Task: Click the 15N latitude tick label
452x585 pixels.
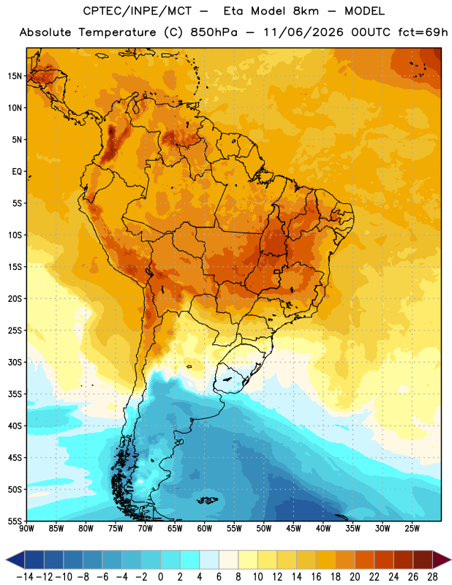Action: tap(15, 76)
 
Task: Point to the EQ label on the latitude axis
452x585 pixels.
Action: tap(17, 172)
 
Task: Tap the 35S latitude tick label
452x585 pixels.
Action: tap(15, 394)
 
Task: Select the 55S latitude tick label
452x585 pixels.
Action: tap(15, 521)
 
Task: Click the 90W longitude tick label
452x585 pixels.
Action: tap(26, 529)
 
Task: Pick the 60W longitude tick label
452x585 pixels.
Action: tap(205, 529)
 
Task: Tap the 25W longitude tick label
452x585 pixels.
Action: tap(412, 529)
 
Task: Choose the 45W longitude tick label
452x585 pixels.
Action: tap(293, 529)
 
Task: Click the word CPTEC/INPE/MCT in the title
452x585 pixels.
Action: tap(138, 11)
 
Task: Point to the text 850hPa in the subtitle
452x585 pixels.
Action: tap(214, 32)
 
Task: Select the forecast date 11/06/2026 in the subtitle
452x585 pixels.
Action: tap(304, 32)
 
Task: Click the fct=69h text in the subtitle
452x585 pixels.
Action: tap(423, 32)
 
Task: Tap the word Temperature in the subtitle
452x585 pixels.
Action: tap(117, 32)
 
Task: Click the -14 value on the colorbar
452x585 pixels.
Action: tap(25, 577)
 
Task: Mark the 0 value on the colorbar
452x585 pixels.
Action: tap(161, 577)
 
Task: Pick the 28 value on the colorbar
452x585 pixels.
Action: tap(432, 577)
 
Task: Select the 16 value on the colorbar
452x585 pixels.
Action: tap(316, 577)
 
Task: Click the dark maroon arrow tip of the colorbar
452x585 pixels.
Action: tap(442, 559)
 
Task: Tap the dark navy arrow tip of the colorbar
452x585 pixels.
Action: tap(15, 559)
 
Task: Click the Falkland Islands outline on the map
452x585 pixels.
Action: tap(207, 500)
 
